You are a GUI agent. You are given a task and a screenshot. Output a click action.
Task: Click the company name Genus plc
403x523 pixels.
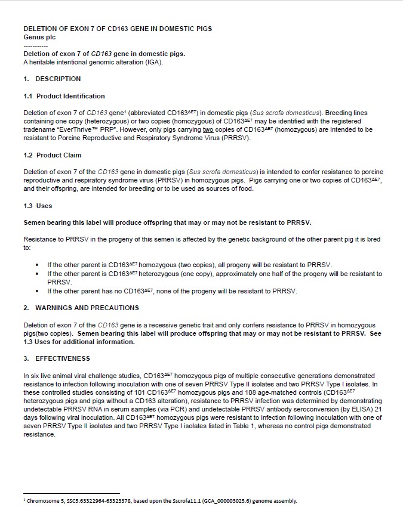[39, 37]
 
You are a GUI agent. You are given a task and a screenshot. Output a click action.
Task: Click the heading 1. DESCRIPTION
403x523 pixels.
[52, 79]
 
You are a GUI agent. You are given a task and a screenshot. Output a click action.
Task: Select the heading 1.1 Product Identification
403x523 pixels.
[64, 96]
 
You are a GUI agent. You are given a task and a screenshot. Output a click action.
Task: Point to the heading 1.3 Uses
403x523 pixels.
[38, 206]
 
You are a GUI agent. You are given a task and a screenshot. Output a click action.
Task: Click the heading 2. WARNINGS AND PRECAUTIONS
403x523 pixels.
[81, 308]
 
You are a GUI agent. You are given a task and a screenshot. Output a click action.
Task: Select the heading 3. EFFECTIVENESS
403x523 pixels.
[57, 358]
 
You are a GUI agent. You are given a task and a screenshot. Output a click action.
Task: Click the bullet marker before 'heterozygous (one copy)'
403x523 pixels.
[38, 274]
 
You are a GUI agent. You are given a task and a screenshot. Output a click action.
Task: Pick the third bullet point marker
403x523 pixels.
[38, 291]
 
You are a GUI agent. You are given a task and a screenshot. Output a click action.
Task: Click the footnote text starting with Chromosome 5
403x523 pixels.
[161, 501]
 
